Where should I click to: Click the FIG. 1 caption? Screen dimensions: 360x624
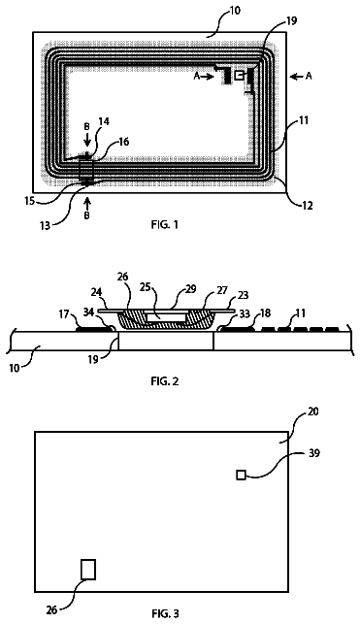click(x=165, y=224)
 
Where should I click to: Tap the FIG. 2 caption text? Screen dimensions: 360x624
click(x=165, y=380)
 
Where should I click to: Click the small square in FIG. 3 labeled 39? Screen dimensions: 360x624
click(x=241, y=475)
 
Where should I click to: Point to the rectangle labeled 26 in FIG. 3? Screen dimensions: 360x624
click(x=88, y=569)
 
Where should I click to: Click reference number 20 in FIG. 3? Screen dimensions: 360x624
click(x=313, y=411)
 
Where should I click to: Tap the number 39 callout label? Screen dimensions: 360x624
click(x=314, y=453)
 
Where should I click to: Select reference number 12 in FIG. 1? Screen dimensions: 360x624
click(x=308, y=206)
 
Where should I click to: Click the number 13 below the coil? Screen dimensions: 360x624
click(x=46, y=226)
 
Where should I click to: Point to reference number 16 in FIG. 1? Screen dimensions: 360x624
click(x=123, y=142)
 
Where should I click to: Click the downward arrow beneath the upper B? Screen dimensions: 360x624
click(x=87, y=141)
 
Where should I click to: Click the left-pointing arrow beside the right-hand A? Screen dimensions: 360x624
click(x=297, y=77)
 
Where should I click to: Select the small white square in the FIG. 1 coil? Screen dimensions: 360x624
click(x=239, y=76)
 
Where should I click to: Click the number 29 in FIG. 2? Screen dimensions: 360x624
click(x=191, y=289)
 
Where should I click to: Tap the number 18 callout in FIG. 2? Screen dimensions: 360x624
click(x=265, y=313)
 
